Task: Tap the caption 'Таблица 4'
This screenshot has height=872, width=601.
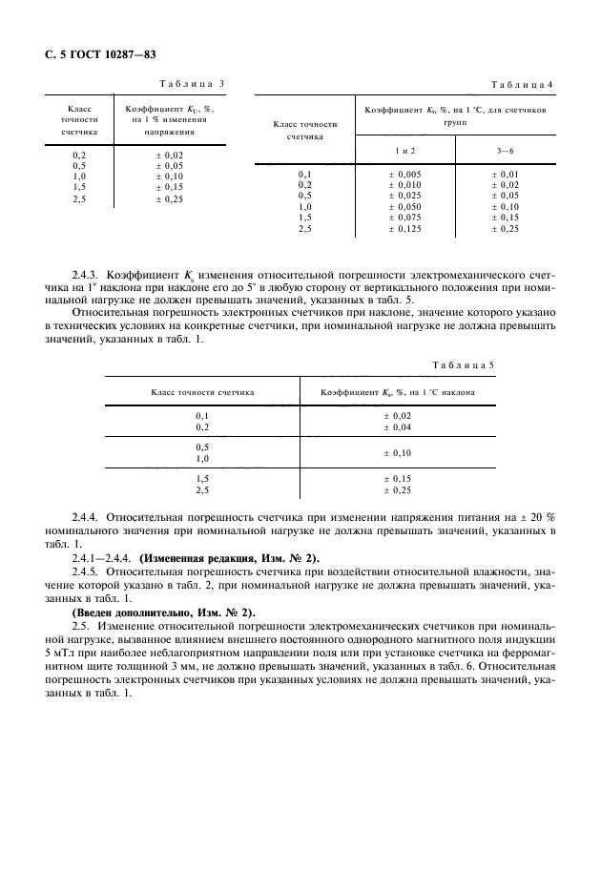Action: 522,84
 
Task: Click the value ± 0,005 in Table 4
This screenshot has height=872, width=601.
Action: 404,175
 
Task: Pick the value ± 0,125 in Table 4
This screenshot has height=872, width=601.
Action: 404,229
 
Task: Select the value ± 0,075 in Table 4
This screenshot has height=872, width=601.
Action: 404,218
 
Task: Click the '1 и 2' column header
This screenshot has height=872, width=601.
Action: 405,151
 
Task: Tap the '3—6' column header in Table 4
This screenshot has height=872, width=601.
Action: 505,151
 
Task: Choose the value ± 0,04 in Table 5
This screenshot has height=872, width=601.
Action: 396,427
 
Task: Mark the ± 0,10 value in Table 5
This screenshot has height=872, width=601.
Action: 396,453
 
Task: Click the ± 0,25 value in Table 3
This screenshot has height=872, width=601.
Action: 169,198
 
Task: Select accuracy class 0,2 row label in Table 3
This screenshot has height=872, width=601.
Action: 79,155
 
